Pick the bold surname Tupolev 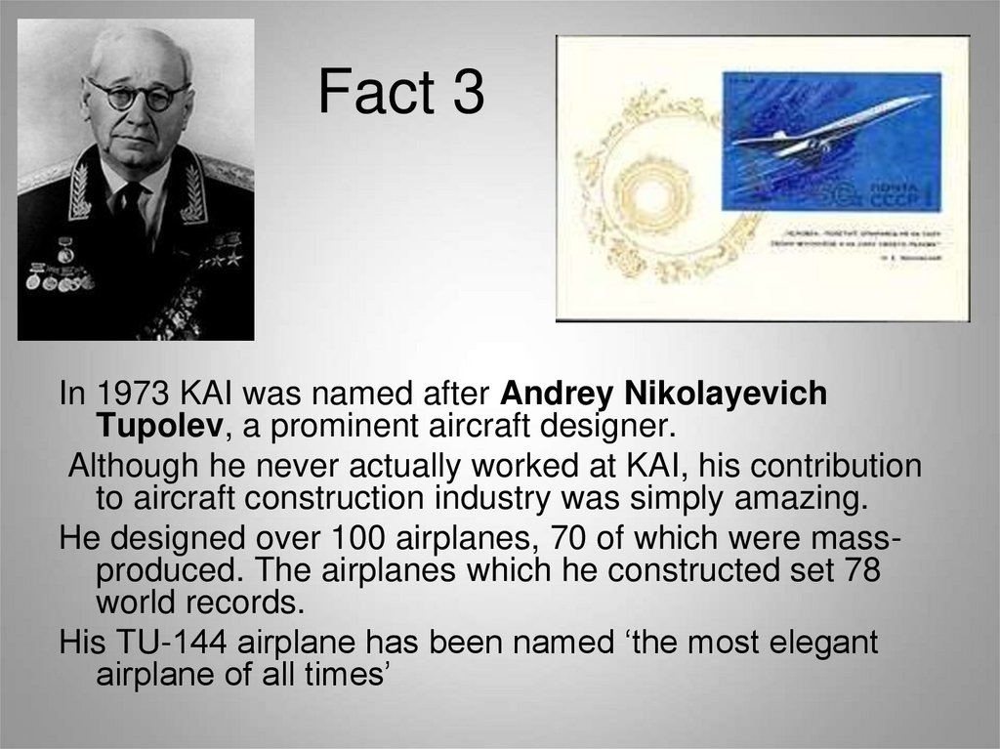pyautogui.click(x=153, y=425)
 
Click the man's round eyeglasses pyautogui.click(x=138, y=95)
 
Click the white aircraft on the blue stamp pyautogui.click(x=830, y=127)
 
